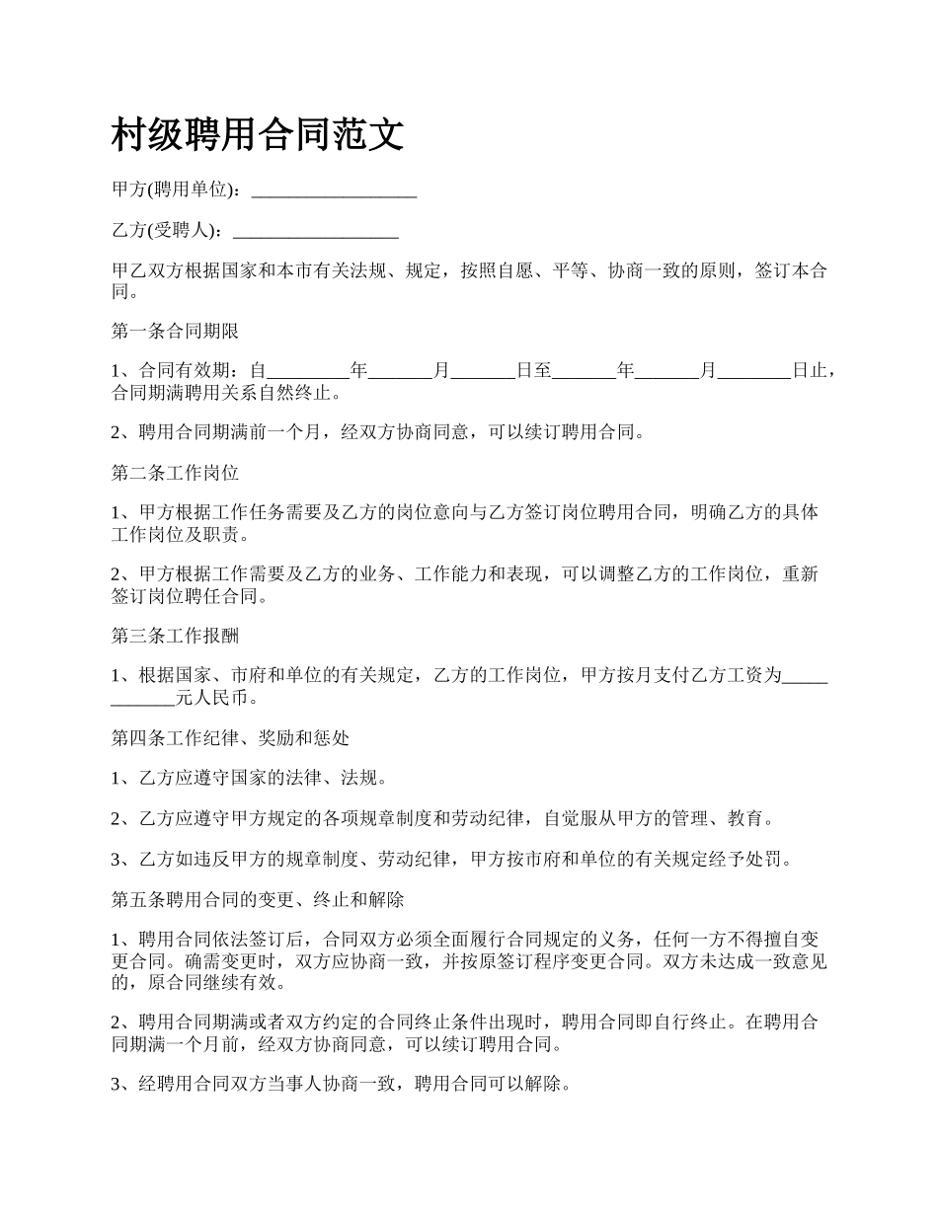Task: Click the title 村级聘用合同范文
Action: tap(258, 136)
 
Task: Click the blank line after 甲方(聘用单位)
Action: tap(334, 190)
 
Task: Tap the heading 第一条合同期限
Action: tap(175, 331)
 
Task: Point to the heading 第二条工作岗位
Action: tap(175, 473)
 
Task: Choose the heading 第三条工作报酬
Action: tap(175, 635)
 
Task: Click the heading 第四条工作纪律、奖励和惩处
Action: tap(230, 737)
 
